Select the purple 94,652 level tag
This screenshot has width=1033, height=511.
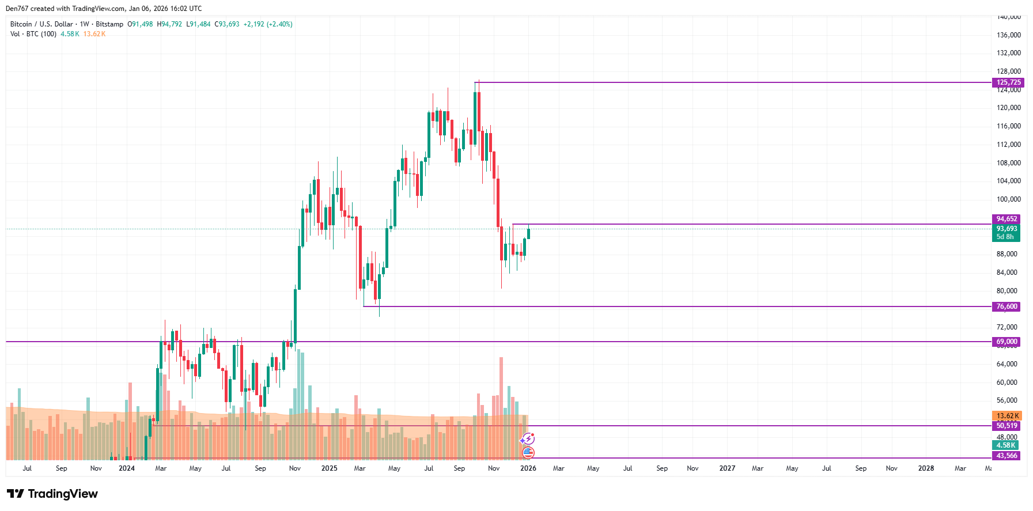(x=1006, y=219)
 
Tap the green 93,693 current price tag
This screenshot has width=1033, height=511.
(x=1006, y=229)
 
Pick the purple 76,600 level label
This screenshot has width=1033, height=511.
(x=1006, y=306)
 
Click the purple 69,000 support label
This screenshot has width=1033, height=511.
(x=1006, y=342)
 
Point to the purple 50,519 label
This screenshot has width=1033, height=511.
(x=1006, y=426)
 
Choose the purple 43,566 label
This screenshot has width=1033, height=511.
(x=1006, y=456)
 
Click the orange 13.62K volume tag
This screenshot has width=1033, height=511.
(x=1007, y=416)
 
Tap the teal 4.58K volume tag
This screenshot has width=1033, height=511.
(x=1006, y=445)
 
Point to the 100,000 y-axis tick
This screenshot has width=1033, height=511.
(x=1008, y=199)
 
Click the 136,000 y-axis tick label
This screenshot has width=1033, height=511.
(x=1008, y=35)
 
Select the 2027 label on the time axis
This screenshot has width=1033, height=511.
(x=727, y=468)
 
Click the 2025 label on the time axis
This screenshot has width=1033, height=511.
(x=329, y=468)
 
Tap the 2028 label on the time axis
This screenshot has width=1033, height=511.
(x=926, y=468)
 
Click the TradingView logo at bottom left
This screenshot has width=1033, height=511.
(x=52, y=494)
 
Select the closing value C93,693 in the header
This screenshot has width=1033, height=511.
(x=227, y=24)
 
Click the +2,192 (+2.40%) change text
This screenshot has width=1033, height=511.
(x=268, y=24)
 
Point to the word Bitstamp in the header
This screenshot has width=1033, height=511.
(x=109, y=24)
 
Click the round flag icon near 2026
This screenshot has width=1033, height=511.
(x=528, y=453)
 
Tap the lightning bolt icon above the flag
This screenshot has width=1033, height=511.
(x=527, y=440)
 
